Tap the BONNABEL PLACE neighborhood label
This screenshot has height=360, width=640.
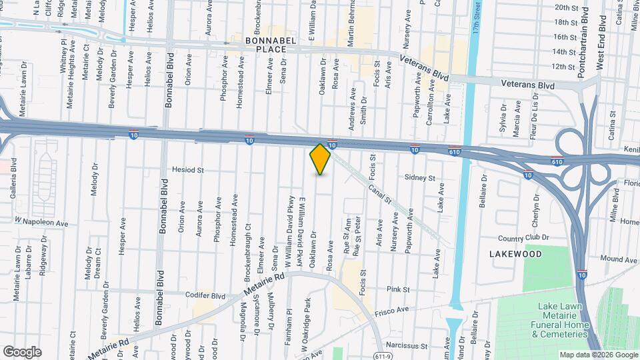point(256,44)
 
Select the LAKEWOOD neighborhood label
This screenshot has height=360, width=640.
point(515,254)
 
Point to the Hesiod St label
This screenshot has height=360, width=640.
point(187,170)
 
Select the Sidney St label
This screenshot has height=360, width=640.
point(420,179)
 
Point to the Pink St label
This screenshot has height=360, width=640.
point(398,289)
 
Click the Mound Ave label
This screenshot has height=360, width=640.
point(619,259)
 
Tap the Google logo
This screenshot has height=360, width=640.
point(22,351)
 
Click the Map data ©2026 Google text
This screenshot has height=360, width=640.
point(598,355)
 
